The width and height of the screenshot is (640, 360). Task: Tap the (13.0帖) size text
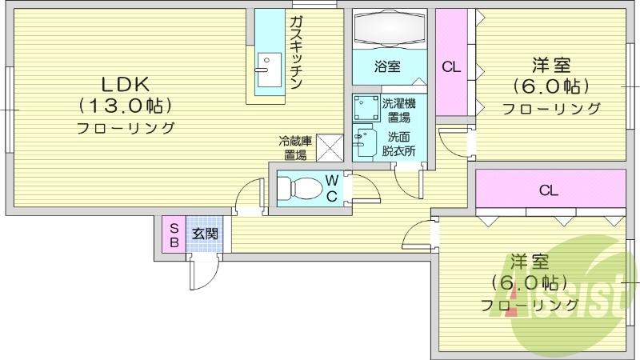[126, 105]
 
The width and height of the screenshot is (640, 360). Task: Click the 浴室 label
[388, 68]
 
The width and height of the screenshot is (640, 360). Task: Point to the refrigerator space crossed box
[329, 146]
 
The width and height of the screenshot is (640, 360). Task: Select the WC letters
[331, 188]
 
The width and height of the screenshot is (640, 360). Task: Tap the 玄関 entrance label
[204, 234]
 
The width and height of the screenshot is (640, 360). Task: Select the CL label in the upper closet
[451, 68]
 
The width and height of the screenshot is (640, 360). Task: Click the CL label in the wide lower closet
[548, 190]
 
